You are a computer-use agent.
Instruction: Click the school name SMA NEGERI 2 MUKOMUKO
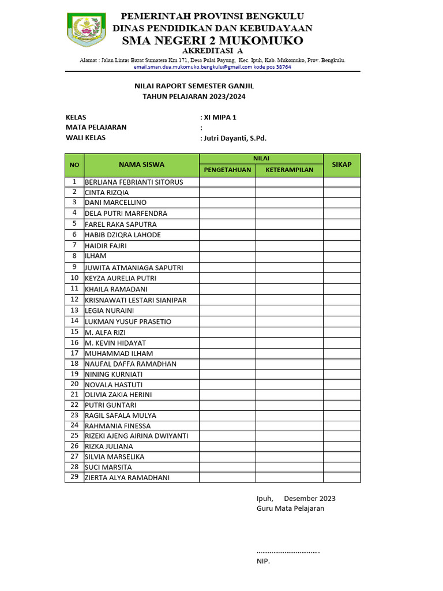pyautogui.click(x=212, y=40)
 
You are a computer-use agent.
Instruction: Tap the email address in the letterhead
pyautogui.click(x=212, y=67)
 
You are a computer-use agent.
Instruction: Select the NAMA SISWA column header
pyautogui.click(x=141, y=164)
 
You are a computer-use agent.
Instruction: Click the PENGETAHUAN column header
pyautogui.click(x=227, y=170)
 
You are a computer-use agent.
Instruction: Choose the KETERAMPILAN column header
pyautogui.click(x=289, y=170)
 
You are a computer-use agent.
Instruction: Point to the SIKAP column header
pyautogui.click(x=341, y=164)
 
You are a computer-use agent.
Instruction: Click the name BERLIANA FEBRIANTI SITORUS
pyautogui.click(x=134, y=182)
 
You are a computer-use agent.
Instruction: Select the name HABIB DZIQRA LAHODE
pyautogui.click(x=123, y=235)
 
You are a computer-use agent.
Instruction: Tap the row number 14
pyautogui.click(x=74, y=321)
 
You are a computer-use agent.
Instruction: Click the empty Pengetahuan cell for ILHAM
pyautogui.click(x=227, y=256)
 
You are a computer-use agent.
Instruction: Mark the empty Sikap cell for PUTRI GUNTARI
pyautogui.click(x=341, y=405)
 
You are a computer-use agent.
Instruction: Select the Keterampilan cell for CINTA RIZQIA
pyautogui.click(x=289, y=193)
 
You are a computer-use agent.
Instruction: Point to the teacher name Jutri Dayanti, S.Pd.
pyautogui.click(x=234, y=138)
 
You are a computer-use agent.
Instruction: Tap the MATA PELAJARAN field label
pyautogui.click(x=96, y=128)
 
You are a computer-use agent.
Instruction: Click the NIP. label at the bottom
pyautogui.click(x=263, y=561)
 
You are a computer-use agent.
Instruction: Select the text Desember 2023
pyautogui.click(x=310, y=499)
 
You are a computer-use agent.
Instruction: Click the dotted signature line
pyautogui.click(x=288, y=552)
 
